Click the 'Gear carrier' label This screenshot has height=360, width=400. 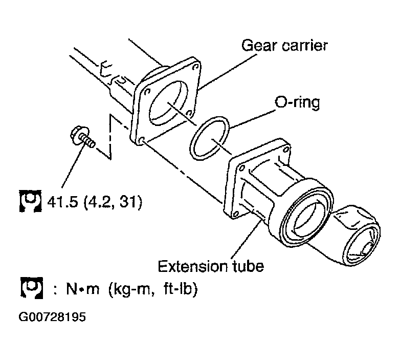[284, 46]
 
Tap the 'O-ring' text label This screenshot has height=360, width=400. [297, 102]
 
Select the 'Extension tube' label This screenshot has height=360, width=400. [210, 266]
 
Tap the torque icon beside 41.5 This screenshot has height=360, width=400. [29, 201]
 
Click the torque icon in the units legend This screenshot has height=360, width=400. [29, 289]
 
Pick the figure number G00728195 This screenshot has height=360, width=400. [52, 317]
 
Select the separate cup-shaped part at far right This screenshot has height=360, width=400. [358, 238]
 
